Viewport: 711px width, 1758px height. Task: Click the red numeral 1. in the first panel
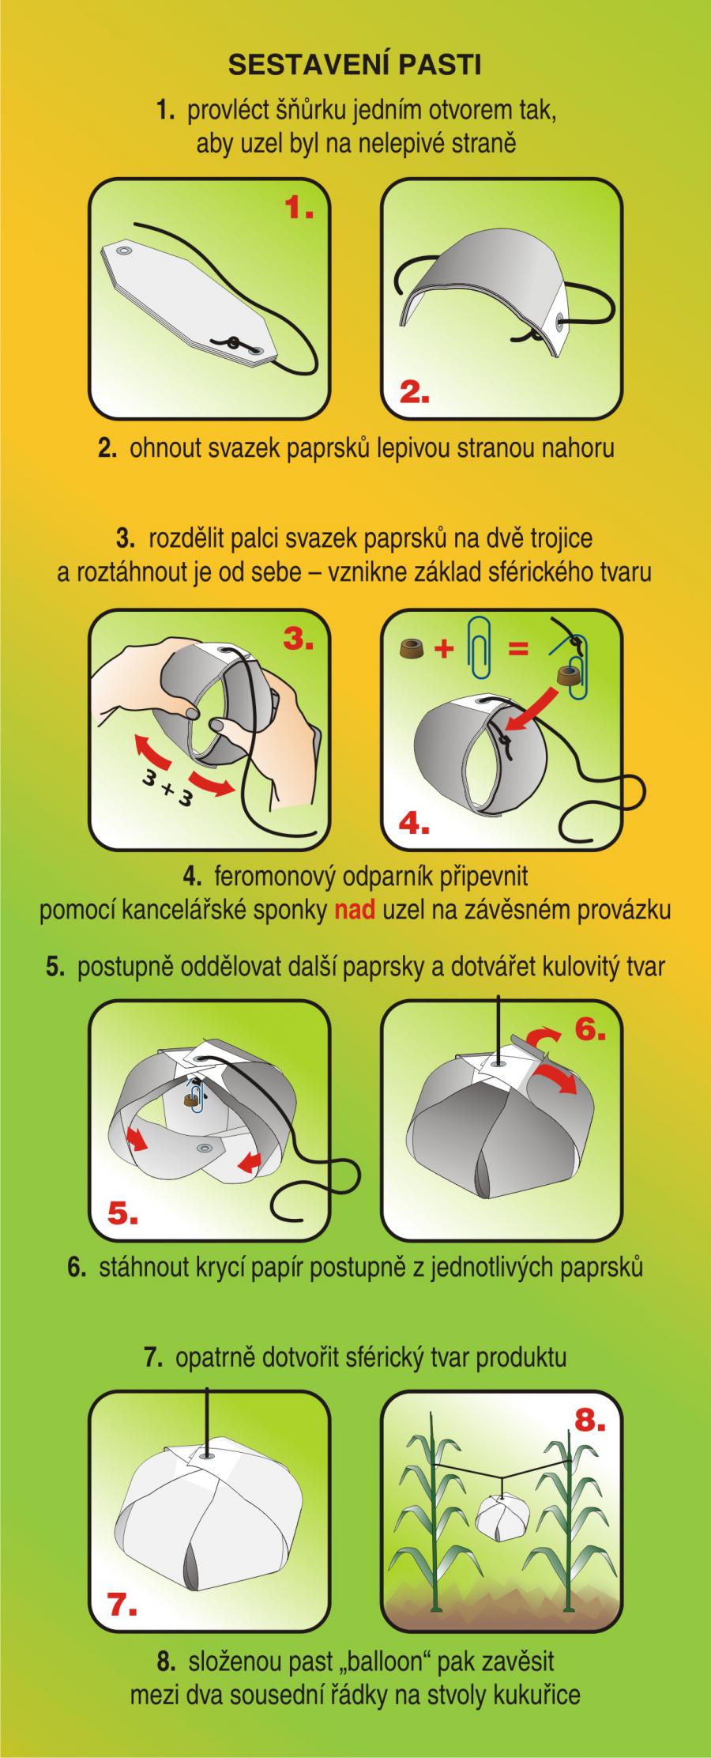[299, 209]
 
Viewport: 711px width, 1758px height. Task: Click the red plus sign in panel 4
[446, 650]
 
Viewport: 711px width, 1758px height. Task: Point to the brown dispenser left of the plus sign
[412, 650]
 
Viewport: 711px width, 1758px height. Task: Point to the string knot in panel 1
[234, 343]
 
